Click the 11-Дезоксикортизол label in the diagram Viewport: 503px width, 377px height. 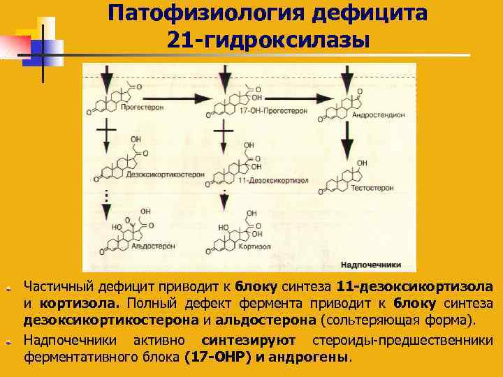point(263,180)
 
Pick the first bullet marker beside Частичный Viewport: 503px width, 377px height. point(9,288)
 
